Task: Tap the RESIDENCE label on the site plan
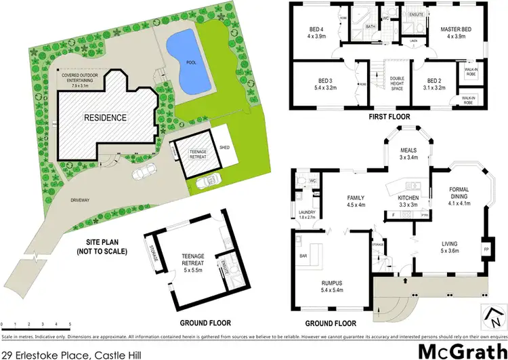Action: point(105,117)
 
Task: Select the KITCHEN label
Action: point(407,197)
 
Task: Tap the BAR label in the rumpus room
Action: point(303,257)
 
